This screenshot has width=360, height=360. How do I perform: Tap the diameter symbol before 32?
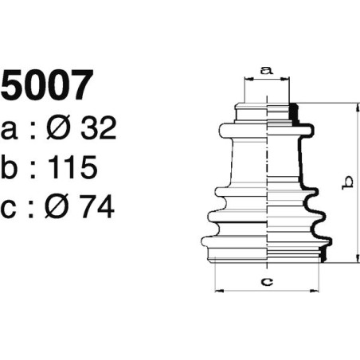[62, 127]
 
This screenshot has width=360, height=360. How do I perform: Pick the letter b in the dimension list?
[11, 167]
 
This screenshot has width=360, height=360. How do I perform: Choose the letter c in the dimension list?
[10, 207]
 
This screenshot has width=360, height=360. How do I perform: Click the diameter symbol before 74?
[61, 206]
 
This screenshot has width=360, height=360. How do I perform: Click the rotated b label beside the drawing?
[346, 183]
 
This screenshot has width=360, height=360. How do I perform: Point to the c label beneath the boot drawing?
[268, 280]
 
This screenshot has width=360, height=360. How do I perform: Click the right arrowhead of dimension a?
[290, 79]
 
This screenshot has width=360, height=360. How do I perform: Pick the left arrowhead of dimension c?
[217, 290]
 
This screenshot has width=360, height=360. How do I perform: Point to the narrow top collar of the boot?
[268, 112]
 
